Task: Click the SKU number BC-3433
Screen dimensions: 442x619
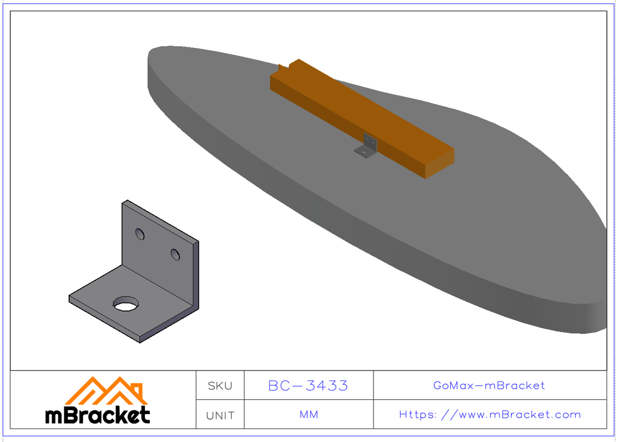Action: coord(308,386)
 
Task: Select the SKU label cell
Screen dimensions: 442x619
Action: coord(220,386)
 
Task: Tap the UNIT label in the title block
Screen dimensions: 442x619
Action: coord(220,415)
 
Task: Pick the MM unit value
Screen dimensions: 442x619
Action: coord(308,415)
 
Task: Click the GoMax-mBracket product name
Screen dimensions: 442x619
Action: coord(489,386)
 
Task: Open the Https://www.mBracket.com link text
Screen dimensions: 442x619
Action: coord(490,415)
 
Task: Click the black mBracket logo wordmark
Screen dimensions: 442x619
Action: coord(98,415)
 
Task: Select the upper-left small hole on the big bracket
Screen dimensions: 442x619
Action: coord(140,234)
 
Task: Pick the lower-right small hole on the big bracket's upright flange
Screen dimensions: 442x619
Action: coord(175,254)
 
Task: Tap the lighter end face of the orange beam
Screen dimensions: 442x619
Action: coord(438,163)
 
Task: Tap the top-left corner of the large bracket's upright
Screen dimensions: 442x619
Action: coord(124,202)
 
